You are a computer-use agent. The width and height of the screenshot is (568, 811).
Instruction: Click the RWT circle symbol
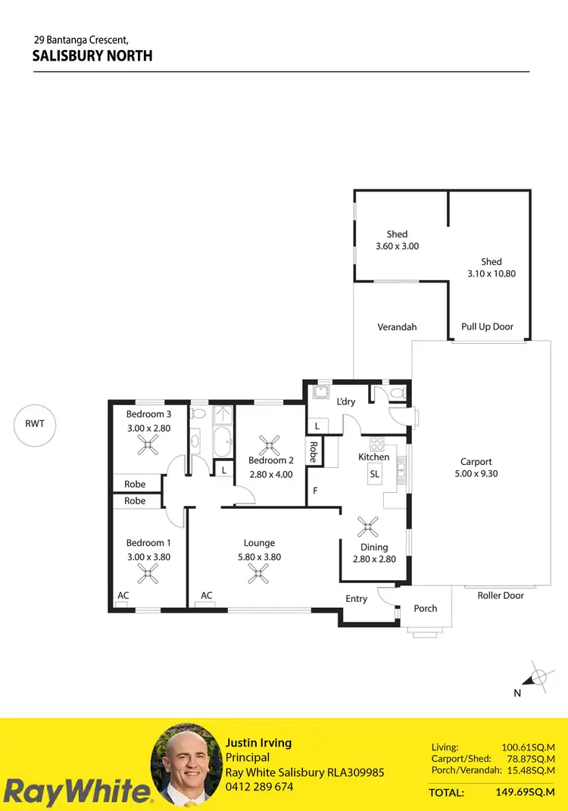pos(35,424)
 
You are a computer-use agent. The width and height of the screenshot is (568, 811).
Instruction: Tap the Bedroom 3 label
pos(148,414)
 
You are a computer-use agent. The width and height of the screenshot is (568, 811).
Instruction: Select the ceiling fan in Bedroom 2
pos(270,443)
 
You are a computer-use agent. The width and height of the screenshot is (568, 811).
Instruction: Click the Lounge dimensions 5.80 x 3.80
pos(259,557)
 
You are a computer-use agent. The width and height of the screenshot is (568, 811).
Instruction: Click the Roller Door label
pos(501,596)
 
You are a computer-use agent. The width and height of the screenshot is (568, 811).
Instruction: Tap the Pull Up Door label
pos(487,327)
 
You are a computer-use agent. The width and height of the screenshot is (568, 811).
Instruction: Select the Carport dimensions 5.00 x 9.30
pos(476,474)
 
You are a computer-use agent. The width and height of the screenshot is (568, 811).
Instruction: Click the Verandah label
pos(397,328)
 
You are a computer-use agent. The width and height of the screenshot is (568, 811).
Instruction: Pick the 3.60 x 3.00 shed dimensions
pos(397,246)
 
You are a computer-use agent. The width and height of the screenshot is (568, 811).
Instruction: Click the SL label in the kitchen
pos(374,474)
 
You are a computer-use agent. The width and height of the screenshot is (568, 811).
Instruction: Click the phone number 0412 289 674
pos(260,787)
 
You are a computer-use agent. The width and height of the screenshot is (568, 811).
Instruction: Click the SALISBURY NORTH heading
pos(92,55)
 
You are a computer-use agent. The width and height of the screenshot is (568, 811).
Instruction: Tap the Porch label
pos(426,609)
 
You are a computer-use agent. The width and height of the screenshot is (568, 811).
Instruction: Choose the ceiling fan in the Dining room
pos(369,525)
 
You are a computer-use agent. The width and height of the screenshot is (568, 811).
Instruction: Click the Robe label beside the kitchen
pos(313,452)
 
